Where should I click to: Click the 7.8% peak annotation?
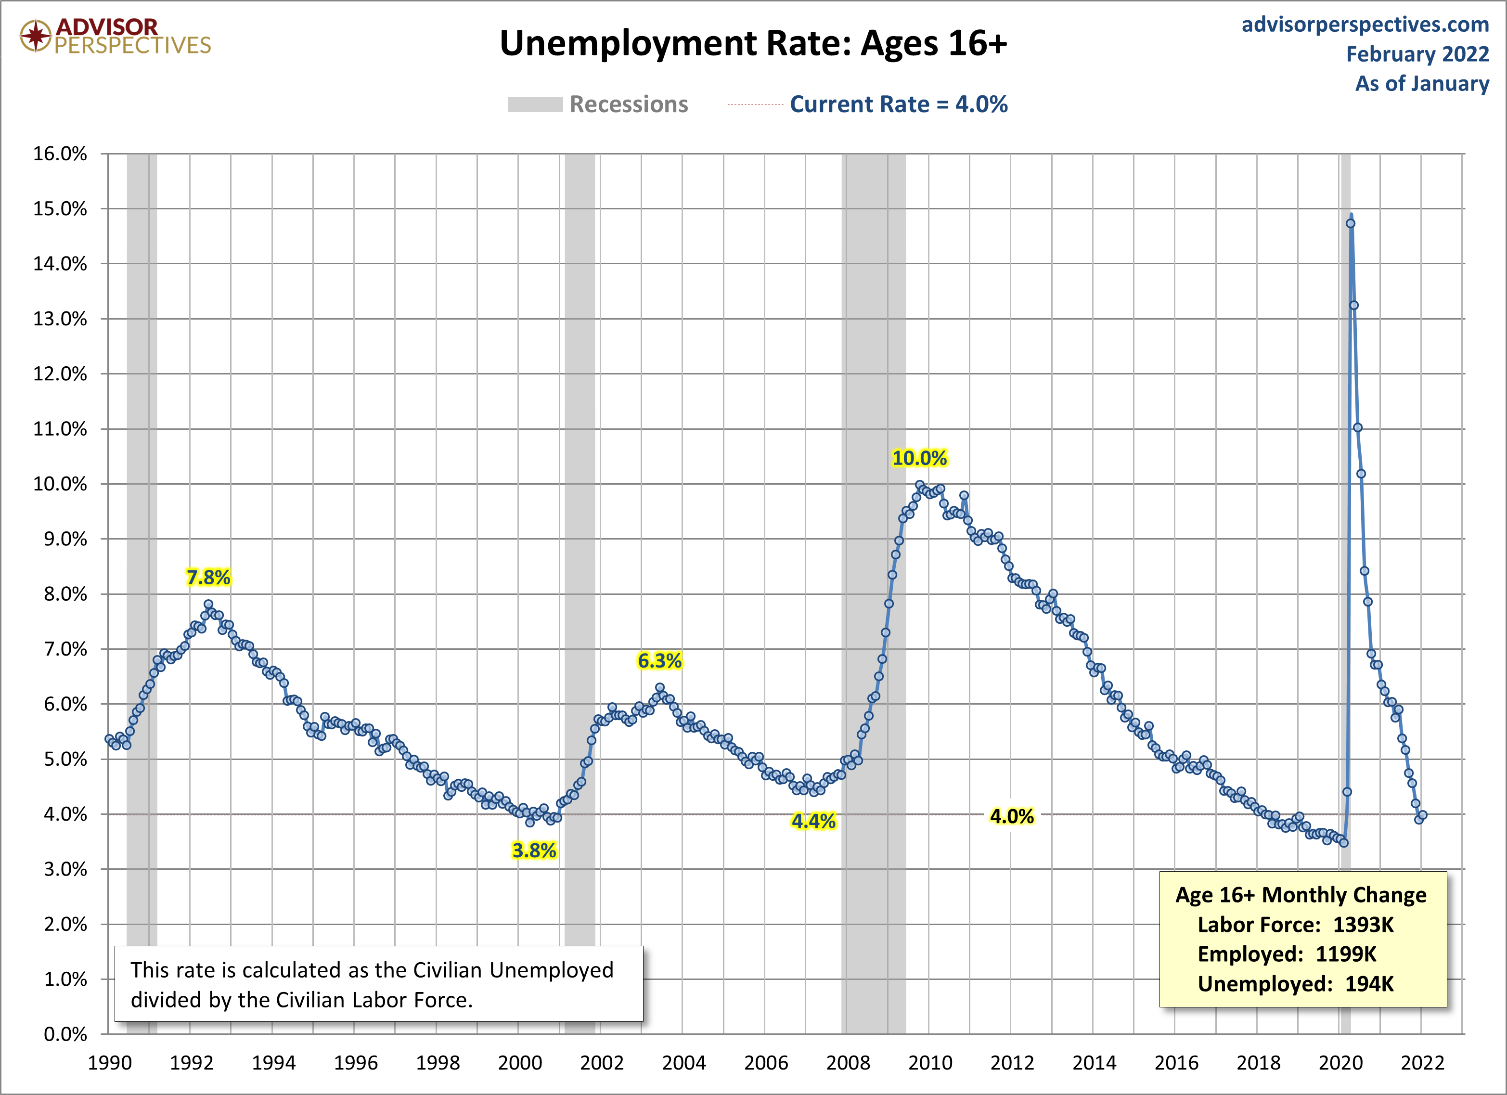click(208, 578)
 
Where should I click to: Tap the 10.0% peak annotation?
click(919, 458)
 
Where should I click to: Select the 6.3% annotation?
click(659, 661)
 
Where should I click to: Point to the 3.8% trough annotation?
click(534, 850)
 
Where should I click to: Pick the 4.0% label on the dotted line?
click(1011, 817)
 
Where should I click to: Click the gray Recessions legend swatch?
click(535, 105)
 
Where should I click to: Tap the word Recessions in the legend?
click(629, 104)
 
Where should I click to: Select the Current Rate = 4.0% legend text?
click(898, 104)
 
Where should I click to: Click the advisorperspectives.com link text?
click(1365, 25)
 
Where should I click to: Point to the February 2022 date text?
click(1417, 54)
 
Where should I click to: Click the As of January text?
click(1422, 84)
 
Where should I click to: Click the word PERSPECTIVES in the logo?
click(133, 45)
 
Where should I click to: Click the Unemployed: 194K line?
click(1295, 984)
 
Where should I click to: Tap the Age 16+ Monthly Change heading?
click(1301, 895)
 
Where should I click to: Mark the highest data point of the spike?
click(1350, 223)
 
